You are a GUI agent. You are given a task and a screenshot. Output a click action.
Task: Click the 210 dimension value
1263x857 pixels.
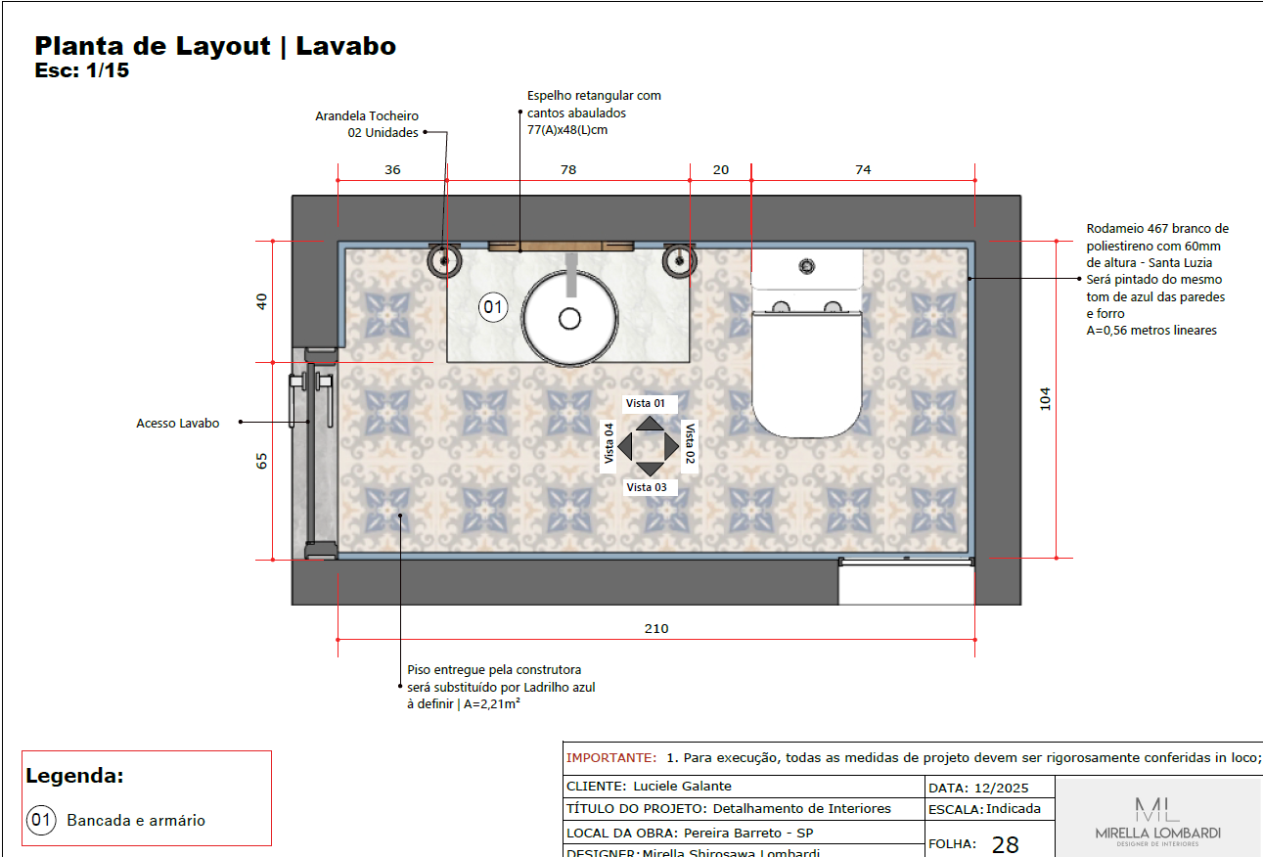pyautogui.click(x=656, y=629)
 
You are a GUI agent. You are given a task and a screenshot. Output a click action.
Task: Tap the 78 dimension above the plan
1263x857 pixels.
pyautogui.click(x=568, y=169)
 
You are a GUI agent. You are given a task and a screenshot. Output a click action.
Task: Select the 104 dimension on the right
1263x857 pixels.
pyautogui.click(x=1046, y=398)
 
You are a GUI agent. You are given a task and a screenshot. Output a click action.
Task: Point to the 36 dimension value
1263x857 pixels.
pyautogui.click(x=392, y=169)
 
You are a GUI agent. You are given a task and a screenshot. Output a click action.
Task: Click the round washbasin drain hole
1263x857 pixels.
pyautogui.click(x=569, y=319)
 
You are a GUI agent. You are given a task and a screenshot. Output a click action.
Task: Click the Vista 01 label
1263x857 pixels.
pyautogui.click(x=646, y=403)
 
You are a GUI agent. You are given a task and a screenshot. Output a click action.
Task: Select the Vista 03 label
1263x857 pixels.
pyautogui.click(x=647, y=487)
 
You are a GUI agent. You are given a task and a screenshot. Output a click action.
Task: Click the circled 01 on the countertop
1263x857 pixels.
pyautogui.click(x=493, y=307)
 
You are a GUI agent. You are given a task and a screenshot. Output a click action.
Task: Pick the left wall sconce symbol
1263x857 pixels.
pyautogui.click(x=444, y=260)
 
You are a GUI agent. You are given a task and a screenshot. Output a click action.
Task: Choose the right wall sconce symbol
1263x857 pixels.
pyautogui.click(x=679, y=260)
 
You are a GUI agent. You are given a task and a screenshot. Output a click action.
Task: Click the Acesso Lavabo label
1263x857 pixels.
pyautogui.click(x=178, y=423)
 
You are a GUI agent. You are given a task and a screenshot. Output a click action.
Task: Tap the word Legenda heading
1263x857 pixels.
pyautogui.click(x=74, y=776)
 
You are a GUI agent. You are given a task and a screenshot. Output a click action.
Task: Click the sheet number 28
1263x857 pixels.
pyautogui.click(x=1006, y=844)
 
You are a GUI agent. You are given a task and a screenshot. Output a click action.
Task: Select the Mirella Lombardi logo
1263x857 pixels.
pyautogui.click(x=1157, y=821)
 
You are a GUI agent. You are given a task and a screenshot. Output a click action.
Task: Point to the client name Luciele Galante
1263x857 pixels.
pyautogui.click(x=682, y=786)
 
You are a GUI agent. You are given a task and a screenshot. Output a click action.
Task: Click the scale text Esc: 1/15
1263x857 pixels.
pyautogui.click(x=82, y=70)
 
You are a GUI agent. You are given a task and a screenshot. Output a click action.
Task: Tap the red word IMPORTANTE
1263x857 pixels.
pyautogui.click(x=611, y=758)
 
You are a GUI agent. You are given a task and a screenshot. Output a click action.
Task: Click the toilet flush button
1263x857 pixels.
pyautogui.click(x=807, y=266)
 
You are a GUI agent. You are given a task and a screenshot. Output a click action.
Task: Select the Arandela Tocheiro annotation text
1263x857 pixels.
pyautogui.click(x=367, y=124)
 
